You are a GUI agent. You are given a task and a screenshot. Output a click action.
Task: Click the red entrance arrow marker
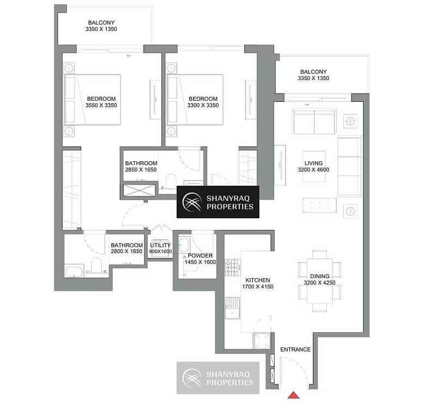tap(293, 395)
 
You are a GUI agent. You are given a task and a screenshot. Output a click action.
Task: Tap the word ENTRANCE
tap(295, 350)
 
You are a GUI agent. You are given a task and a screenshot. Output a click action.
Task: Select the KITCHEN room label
tap(257, 280)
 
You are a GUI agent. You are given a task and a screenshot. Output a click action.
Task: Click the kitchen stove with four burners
tap(233, 267)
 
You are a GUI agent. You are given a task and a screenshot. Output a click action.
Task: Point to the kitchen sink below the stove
tap(233, 308)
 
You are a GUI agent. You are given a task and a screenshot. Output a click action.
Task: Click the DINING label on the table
tap(320, 276)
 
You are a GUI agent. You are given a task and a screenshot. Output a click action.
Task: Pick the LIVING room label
tap(313, 163)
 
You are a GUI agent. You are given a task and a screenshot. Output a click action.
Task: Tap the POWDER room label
tap(200, 255)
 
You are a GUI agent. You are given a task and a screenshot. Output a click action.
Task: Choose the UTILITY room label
tap(160, 246)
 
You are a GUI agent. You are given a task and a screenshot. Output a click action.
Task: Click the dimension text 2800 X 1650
tap(126, 252)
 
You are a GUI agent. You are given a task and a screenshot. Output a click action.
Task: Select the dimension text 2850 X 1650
tap(141, 170)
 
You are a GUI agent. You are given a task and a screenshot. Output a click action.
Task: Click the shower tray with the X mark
tap(140, 191)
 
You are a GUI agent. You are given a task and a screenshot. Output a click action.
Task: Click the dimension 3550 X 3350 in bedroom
tap(101, 105)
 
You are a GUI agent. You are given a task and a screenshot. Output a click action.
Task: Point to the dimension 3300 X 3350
tap(203, 105)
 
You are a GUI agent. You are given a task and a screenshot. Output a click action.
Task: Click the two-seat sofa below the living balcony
tap(314, 122)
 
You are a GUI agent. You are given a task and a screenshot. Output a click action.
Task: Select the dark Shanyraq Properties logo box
tap(218, 202)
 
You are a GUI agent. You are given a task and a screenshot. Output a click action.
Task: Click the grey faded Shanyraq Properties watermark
tap(218, 378)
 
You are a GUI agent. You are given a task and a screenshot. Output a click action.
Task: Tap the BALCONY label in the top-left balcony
tap(101, 23)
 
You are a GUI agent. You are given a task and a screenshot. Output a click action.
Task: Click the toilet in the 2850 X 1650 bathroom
tap(171, 181)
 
